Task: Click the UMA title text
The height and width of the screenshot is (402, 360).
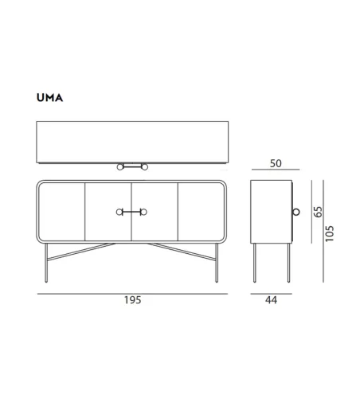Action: click(49, 98)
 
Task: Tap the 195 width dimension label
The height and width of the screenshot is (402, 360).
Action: click(133, 300)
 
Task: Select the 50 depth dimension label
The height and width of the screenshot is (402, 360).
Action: click(276, 163)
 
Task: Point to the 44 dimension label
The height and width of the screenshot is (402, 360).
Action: click(271, 300)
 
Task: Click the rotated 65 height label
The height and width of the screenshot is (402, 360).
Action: click(318, 212)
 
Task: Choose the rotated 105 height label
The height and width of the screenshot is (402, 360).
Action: click(330, 233)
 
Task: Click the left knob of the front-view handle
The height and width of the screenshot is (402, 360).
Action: click(119, 212)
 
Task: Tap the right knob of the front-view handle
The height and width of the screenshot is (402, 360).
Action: click(143, 212)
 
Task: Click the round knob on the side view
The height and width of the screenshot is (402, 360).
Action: click(296, 212)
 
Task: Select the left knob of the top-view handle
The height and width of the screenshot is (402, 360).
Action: click(120, 167)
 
